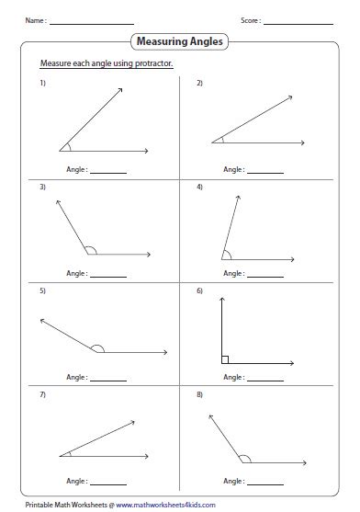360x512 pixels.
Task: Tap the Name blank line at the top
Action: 92,21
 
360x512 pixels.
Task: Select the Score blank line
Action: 298,21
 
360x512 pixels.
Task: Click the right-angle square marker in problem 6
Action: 225,358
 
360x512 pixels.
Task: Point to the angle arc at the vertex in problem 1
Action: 66,145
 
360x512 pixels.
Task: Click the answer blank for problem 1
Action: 108,171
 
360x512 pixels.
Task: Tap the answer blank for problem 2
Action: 266,171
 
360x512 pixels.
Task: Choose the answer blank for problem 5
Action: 108,379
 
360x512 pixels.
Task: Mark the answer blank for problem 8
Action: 266,481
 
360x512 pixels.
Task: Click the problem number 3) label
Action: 42,187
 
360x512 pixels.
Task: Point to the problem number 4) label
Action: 199,187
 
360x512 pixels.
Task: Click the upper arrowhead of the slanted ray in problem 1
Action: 121,90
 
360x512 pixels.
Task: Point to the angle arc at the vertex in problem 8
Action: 243,457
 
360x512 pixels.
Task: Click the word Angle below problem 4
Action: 232,274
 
